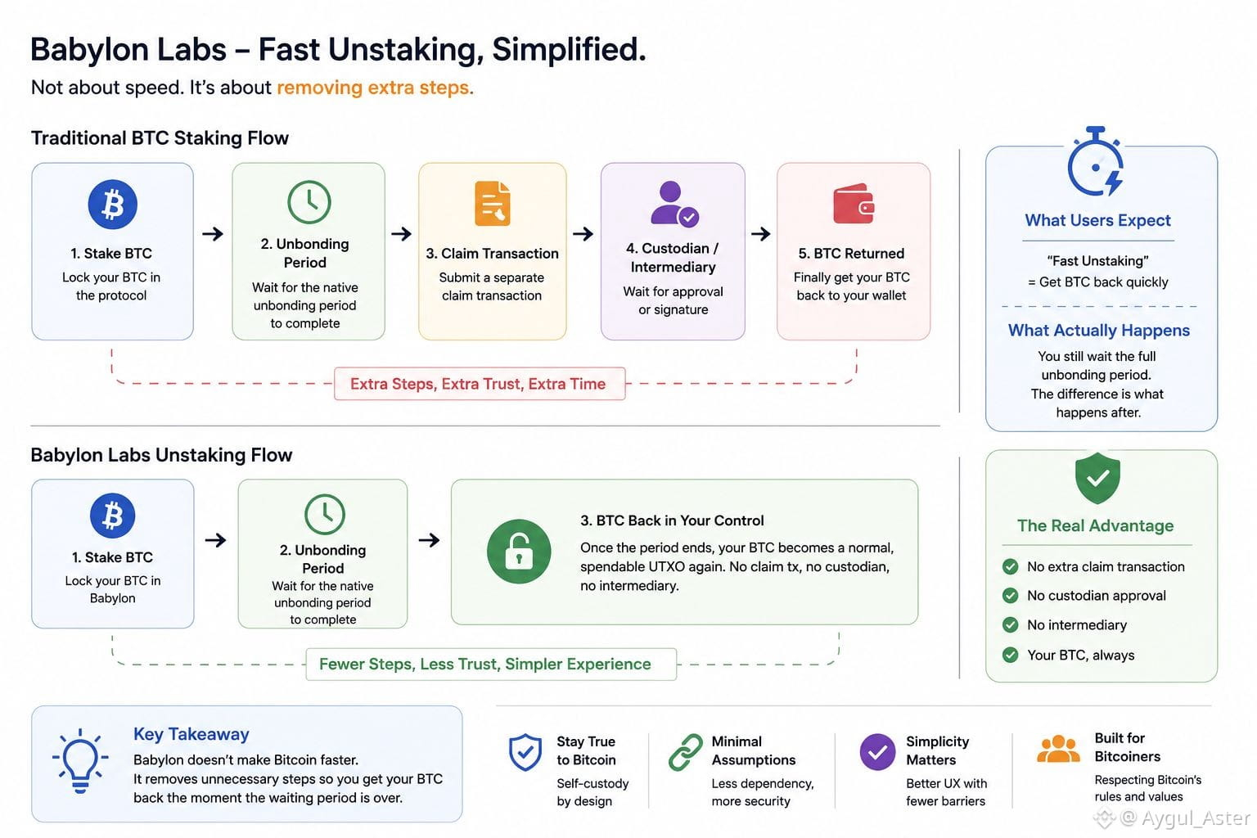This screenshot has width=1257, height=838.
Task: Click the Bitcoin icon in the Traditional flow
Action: coord(112,204)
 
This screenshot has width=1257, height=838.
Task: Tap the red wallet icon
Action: coord(853,204)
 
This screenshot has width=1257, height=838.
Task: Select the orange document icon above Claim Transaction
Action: coord(492,203)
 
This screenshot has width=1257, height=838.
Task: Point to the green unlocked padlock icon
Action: coord(519,552)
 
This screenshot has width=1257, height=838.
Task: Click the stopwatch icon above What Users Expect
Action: coord(1095,162)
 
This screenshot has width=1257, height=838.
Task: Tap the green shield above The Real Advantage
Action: coord(1097,478)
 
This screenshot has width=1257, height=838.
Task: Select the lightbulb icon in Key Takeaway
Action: coord(80,760)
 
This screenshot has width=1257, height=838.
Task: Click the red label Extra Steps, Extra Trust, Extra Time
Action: coord(479,384)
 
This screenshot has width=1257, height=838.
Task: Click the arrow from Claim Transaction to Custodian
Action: coord(583,233)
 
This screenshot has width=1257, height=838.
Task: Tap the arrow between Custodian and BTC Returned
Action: coord(760,233)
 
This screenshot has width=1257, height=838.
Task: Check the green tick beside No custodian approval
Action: coord(1010,596)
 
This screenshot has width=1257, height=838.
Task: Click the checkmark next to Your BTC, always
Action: coord(1010,655)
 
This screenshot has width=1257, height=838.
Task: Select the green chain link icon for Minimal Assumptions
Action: coord(685,752)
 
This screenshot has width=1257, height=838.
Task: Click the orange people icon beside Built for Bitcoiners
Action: coord(1058,749)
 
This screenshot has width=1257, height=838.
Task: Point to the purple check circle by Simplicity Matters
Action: coord(877,752)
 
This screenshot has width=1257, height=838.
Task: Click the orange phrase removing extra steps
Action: coord(376,88)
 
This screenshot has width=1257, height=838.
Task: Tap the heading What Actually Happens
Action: coord(1099,330)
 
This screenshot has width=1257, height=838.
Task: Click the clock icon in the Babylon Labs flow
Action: coord(324,514)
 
